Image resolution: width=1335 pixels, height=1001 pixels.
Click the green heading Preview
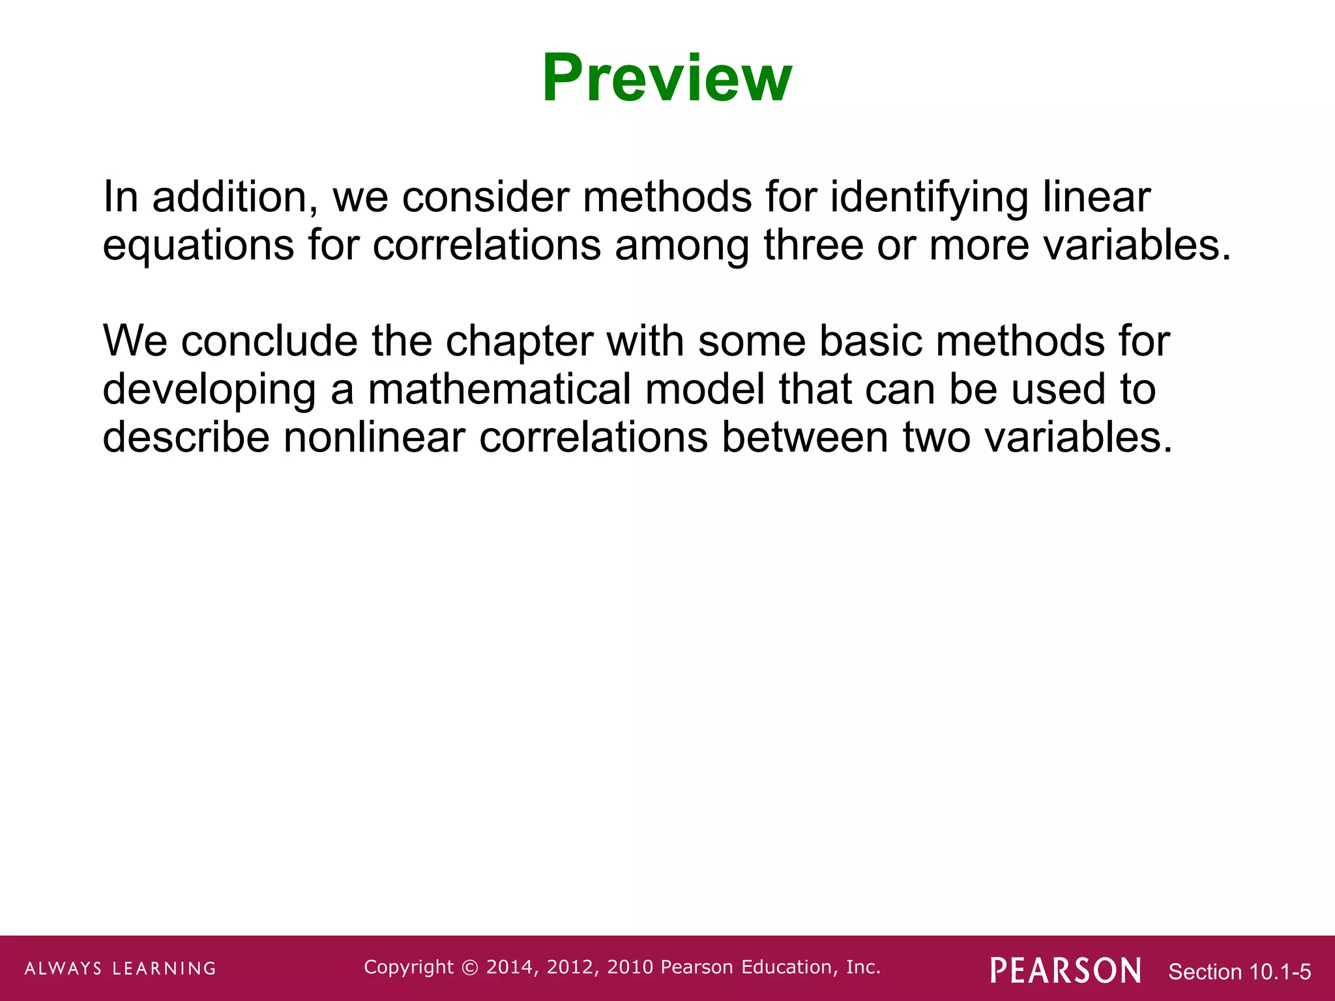[x=667, y=78]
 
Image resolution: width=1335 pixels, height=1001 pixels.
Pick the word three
[x=813, y=245]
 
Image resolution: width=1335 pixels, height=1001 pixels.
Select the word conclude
[x=269, y=341]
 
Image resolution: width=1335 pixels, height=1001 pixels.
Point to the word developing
[x=209, y=390]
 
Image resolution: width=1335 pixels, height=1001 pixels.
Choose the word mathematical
[x=499, y=389]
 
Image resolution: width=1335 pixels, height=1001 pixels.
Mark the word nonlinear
[x=374, y=437]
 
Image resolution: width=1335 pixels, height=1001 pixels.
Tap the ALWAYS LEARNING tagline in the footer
[x=121, y=968]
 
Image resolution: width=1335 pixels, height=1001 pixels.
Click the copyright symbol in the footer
[x=469, y=967]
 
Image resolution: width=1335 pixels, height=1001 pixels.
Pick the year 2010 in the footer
[x=631, y=967]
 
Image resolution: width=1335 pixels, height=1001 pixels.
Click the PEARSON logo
[x=1066, y=970]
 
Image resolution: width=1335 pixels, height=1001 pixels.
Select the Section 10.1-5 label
[x=1239, y=972]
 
